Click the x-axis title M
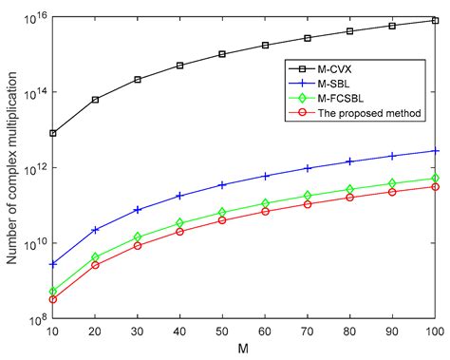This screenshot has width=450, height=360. tap(244, 350)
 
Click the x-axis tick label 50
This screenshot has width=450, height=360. tap(222, 332)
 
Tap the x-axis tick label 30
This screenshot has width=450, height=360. tap(138, 332)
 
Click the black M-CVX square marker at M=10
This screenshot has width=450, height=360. tap(53, 133)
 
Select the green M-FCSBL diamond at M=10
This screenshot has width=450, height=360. tap(53, 292)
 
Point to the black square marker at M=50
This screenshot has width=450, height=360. tap(222, 54)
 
